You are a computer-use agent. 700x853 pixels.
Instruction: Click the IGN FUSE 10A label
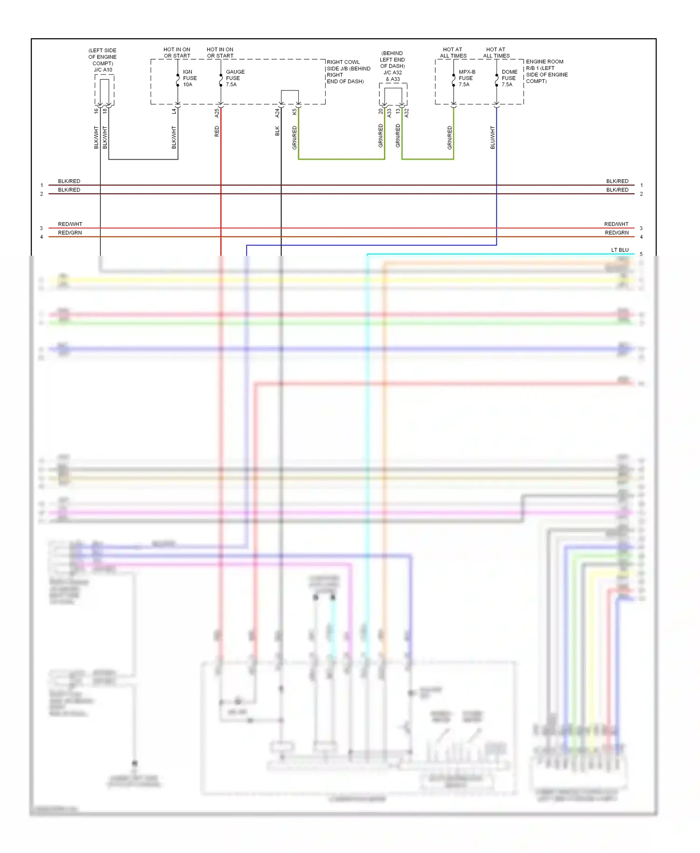(189, 78)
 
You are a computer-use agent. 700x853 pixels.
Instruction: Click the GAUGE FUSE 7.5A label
(235, 78)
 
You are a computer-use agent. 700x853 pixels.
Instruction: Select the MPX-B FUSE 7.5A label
(467, 78)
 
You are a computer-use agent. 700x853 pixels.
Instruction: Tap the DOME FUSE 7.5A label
(509, 78)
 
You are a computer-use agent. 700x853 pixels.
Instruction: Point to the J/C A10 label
(103, 70)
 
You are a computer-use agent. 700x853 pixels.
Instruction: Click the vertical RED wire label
(217, 132)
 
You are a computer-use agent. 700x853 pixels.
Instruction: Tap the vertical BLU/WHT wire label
(493, 138)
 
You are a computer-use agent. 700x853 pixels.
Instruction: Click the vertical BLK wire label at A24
(277, 131)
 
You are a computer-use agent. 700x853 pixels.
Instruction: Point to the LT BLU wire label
(620, 250)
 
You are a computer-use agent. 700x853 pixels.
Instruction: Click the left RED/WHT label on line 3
(70, 224)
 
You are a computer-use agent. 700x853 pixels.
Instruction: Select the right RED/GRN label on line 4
(616, 233)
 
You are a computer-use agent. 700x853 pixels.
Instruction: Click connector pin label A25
(217, 113)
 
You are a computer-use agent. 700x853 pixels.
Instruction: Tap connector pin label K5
(294, 112)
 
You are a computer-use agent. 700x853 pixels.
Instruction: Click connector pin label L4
(174, 111)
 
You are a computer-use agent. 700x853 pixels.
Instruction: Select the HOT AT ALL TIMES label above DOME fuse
(496, 52)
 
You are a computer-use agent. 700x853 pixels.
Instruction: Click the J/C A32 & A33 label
(392, 76)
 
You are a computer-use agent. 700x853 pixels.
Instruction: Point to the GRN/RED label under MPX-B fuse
(450, 138)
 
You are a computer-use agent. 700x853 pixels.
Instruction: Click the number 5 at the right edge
(641, 254)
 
